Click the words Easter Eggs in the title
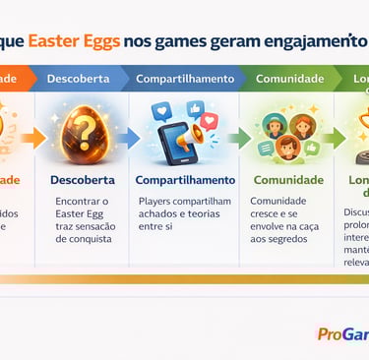[x=74, y=42]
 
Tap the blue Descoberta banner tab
[x=78, y=78]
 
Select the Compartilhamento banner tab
[x=185, y=78]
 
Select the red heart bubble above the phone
[x=208, y=119]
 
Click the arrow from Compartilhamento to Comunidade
[x=239, y=138]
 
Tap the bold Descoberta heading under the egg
[x=83, y=180]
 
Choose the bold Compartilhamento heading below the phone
[x=185, y=180]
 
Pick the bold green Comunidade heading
[x=288, y=180]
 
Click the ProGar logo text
[x=342, y=334]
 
